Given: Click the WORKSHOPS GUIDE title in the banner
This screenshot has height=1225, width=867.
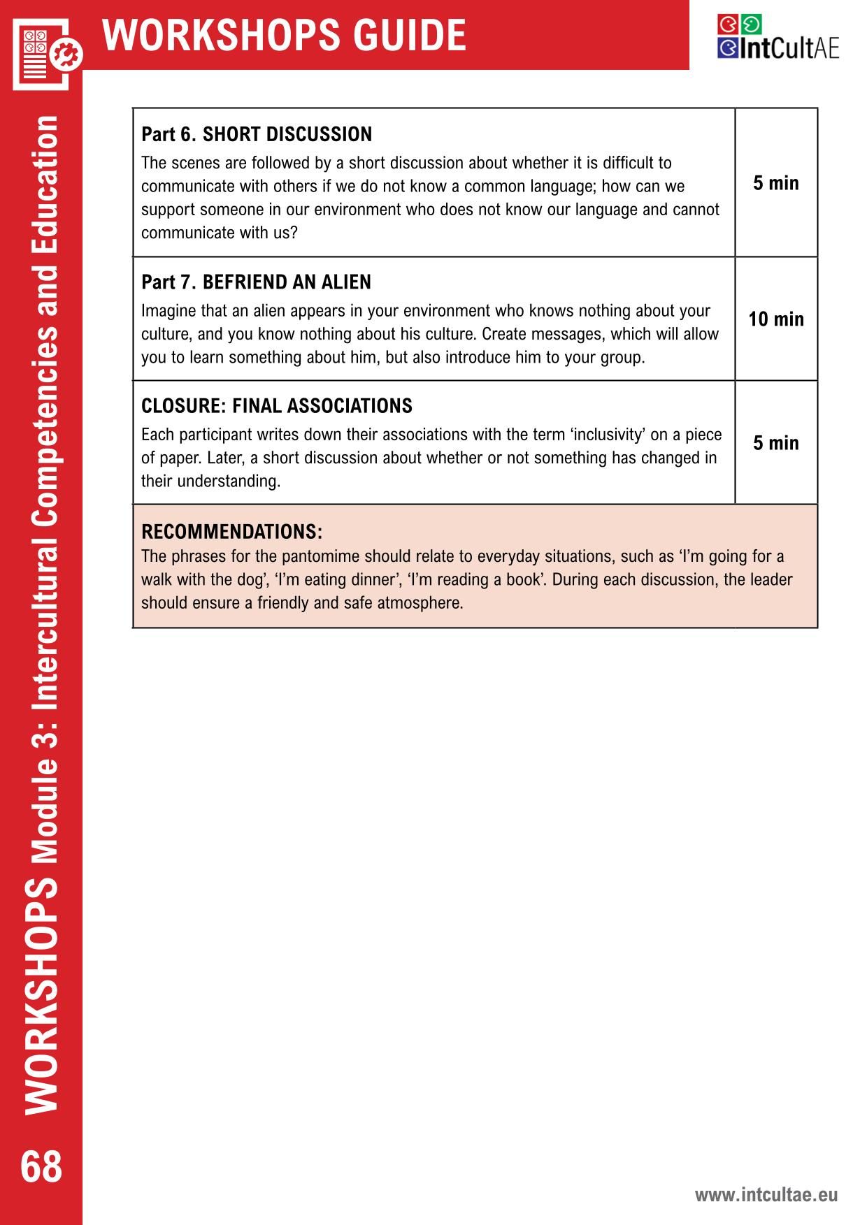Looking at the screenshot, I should pos(284,35).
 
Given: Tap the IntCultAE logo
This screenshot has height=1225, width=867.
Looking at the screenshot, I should pos(778,38).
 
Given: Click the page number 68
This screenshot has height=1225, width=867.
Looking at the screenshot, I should pos(41,1166).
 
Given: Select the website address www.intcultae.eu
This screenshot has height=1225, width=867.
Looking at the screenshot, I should pos(766,1194).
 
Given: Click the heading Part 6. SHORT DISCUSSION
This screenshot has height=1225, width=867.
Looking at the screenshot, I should pos(257,134).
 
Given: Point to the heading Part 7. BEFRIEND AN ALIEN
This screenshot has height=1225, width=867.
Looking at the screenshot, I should pos(256,282).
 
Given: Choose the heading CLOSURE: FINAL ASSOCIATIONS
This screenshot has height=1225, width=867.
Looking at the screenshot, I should pos(276,406).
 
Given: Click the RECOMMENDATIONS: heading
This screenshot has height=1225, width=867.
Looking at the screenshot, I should pos(231,532).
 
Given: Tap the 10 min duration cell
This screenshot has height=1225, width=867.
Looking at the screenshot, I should pos(776,319).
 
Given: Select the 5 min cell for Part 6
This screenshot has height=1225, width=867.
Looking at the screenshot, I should pos(776,183).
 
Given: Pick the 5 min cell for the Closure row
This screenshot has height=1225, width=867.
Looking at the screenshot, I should pos(776,443).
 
